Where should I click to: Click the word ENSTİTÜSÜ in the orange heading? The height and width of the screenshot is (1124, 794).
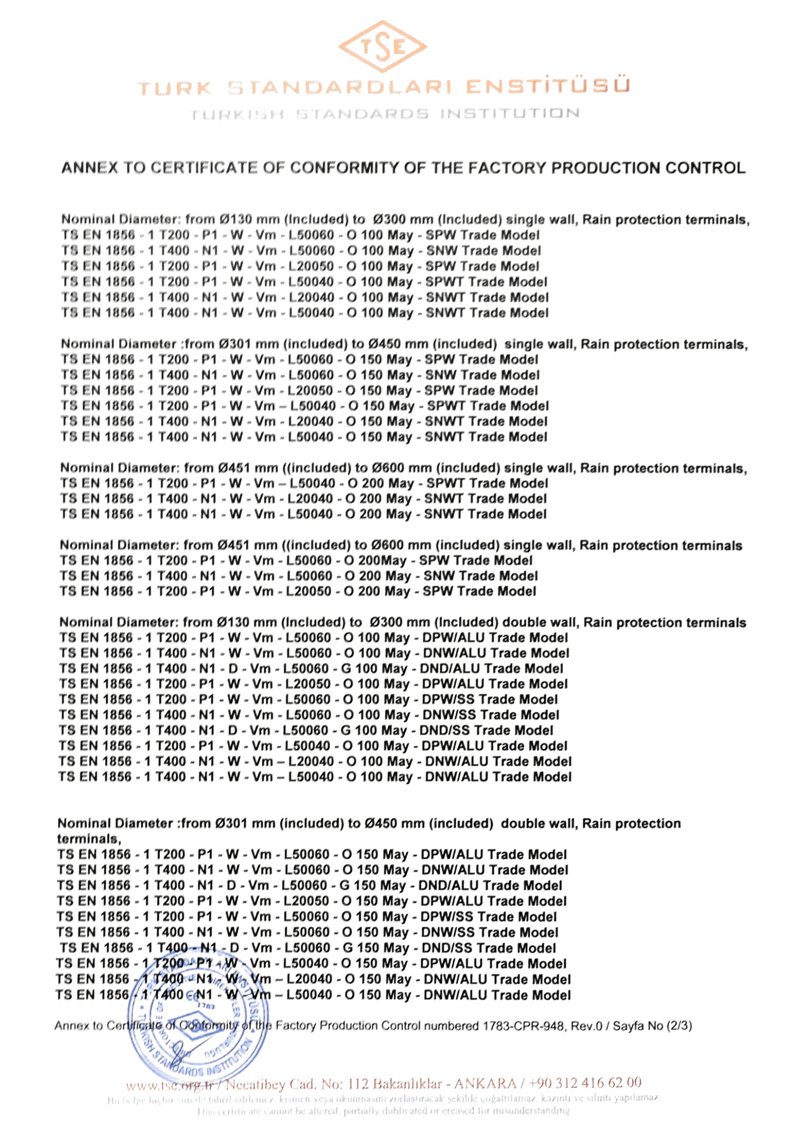(x=547, y=87)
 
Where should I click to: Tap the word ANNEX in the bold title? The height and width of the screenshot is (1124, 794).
(x=89, y=168)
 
